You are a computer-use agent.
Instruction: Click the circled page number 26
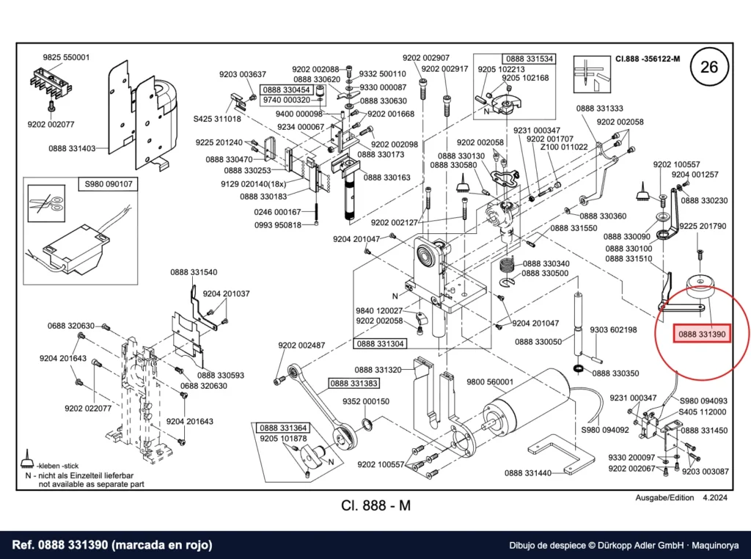click(x=709, y=67)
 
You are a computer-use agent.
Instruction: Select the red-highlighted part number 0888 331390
click(x=702, y=334)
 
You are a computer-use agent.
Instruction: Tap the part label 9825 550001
click(x=66, y=57)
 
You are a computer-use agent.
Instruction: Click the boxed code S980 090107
click(x=109, y=184)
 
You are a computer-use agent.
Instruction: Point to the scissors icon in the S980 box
click(x=46, y=204)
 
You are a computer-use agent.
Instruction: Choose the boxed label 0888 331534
click(x=530, y=59)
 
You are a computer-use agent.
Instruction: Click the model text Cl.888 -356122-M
click(x=648, y=59)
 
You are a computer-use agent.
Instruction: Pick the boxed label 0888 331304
click(x=381, y=343)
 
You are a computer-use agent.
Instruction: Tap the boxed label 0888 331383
click(x=354, y=383)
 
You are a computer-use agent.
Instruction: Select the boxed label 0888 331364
click(x=284, y=428)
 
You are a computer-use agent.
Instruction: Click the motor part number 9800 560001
click(x=490, y=381)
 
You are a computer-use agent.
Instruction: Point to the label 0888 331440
click(x=528, y=473)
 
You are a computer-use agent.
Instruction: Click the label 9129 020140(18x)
click(x=253, y=184)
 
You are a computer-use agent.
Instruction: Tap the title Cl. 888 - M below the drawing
click(x=376, y=505)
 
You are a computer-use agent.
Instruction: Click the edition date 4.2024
click(x=714, y=497)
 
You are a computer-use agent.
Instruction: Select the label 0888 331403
click(x=72, y=148)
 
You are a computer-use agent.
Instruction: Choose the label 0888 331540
click(x=194, y=272)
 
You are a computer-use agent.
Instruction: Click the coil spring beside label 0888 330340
click(x=508, y=264)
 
